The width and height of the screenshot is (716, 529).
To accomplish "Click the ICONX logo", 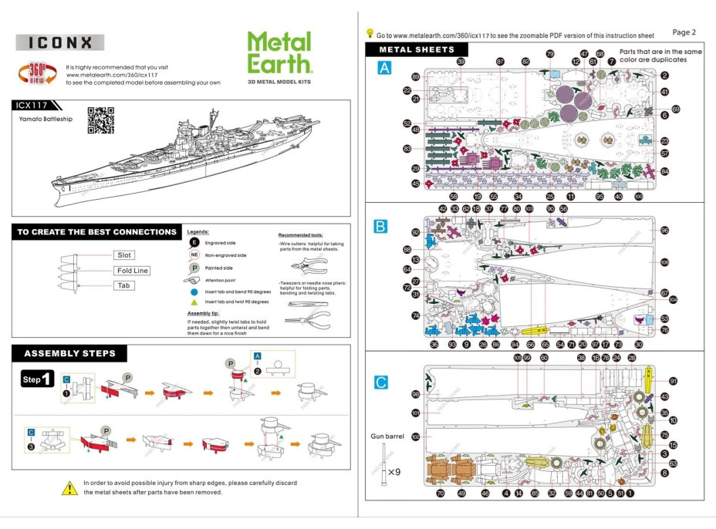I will [59, 43].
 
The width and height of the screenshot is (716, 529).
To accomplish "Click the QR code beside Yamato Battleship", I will [100, 120].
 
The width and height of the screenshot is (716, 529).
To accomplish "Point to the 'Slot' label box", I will [123, 255].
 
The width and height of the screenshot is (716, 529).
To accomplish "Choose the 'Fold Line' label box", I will [132, 271].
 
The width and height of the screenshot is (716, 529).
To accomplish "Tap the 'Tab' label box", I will [123, 285].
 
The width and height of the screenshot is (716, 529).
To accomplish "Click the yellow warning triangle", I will [69, 487].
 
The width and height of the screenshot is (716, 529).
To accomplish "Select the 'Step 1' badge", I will [37, 379].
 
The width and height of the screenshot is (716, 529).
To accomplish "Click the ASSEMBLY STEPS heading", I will [69, 354].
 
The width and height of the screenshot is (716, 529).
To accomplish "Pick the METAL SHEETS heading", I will [417, 50].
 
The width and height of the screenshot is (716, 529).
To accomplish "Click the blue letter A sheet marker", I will [383, 69].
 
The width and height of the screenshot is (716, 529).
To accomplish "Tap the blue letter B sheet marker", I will [380, 226].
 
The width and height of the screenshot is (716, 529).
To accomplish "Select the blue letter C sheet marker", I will [380, 382].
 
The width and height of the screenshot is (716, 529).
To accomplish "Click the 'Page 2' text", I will [684, 32].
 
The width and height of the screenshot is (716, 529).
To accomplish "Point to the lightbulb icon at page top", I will [370, 33].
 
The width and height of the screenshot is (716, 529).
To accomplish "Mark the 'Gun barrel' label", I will [387, 436].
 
